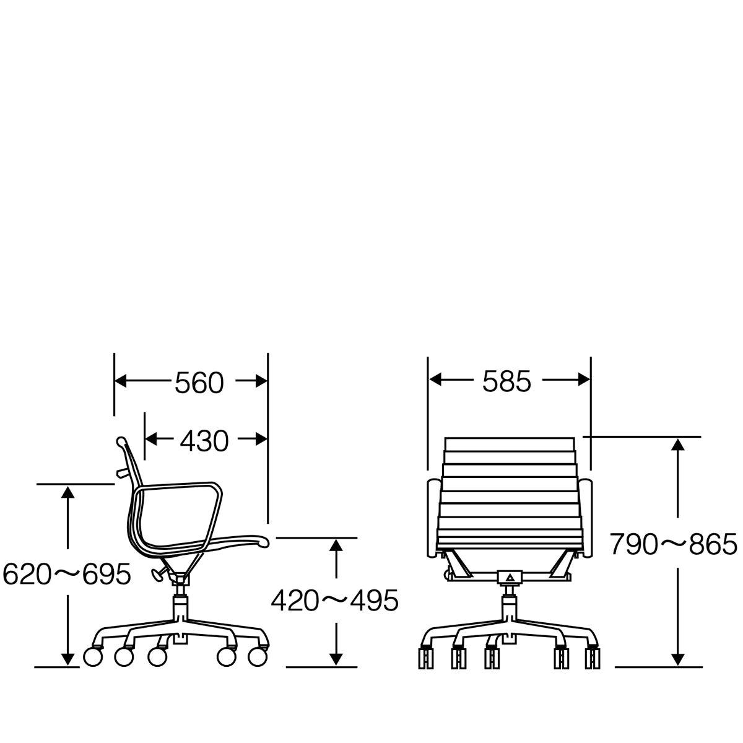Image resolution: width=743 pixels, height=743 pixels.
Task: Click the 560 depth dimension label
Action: click(199, 383)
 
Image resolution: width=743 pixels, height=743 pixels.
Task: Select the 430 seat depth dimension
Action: click(204, 441)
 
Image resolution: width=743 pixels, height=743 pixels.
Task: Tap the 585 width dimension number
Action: click(506, 382)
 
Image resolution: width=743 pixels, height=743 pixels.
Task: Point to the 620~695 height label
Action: click(67, 575)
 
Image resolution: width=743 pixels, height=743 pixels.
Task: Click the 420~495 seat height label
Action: click(334, 600)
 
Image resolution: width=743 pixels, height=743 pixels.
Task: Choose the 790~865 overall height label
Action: click(673, 545)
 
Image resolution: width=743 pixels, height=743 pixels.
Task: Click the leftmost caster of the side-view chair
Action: click(92, 656)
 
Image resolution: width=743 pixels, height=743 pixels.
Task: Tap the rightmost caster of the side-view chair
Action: click(258, 656)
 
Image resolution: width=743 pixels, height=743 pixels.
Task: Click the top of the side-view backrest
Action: click(121, 441)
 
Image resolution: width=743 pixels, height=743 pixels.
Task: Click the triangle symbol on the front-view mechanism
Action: click(510, 578)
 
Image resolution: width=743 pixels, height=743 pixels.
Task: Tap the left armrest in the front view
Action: click(433, 519)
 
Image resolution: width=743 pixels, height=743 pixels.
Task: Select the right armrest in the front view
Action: click(586, 519)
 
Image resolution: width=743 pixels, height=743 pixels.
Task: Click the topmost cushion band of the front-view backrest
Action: click(510, 445)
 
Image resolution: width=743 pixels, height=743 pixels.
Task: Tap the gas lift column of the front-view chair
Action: click(510, 601)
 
